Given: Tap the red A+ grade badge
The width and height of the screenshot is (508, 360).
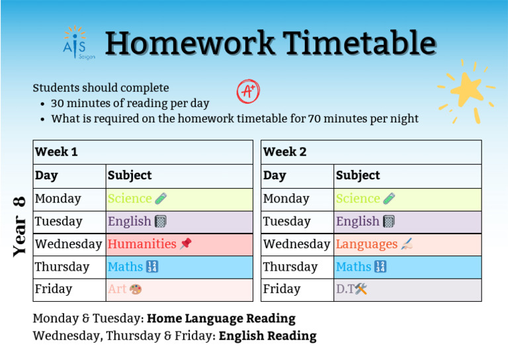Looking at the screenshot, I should [247, 91].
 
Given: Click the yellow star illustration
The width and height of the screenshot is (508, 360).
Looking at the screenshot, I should [466, 91].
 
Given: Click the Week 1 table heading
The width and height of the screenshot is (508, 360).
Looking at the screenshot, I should [56, 152].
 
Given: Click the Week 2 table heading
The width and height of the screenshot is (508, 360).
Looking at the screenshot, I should [284, 152].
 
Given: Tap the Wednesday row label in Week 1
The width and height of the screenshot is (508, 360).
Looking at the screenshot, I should [68, 244].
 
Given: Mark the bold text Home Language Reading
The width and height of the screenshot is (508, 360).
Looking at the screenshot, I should [221, 318].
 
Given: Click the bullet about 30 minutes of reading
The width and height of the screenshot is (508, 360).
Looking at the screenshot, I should [130, 103].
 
